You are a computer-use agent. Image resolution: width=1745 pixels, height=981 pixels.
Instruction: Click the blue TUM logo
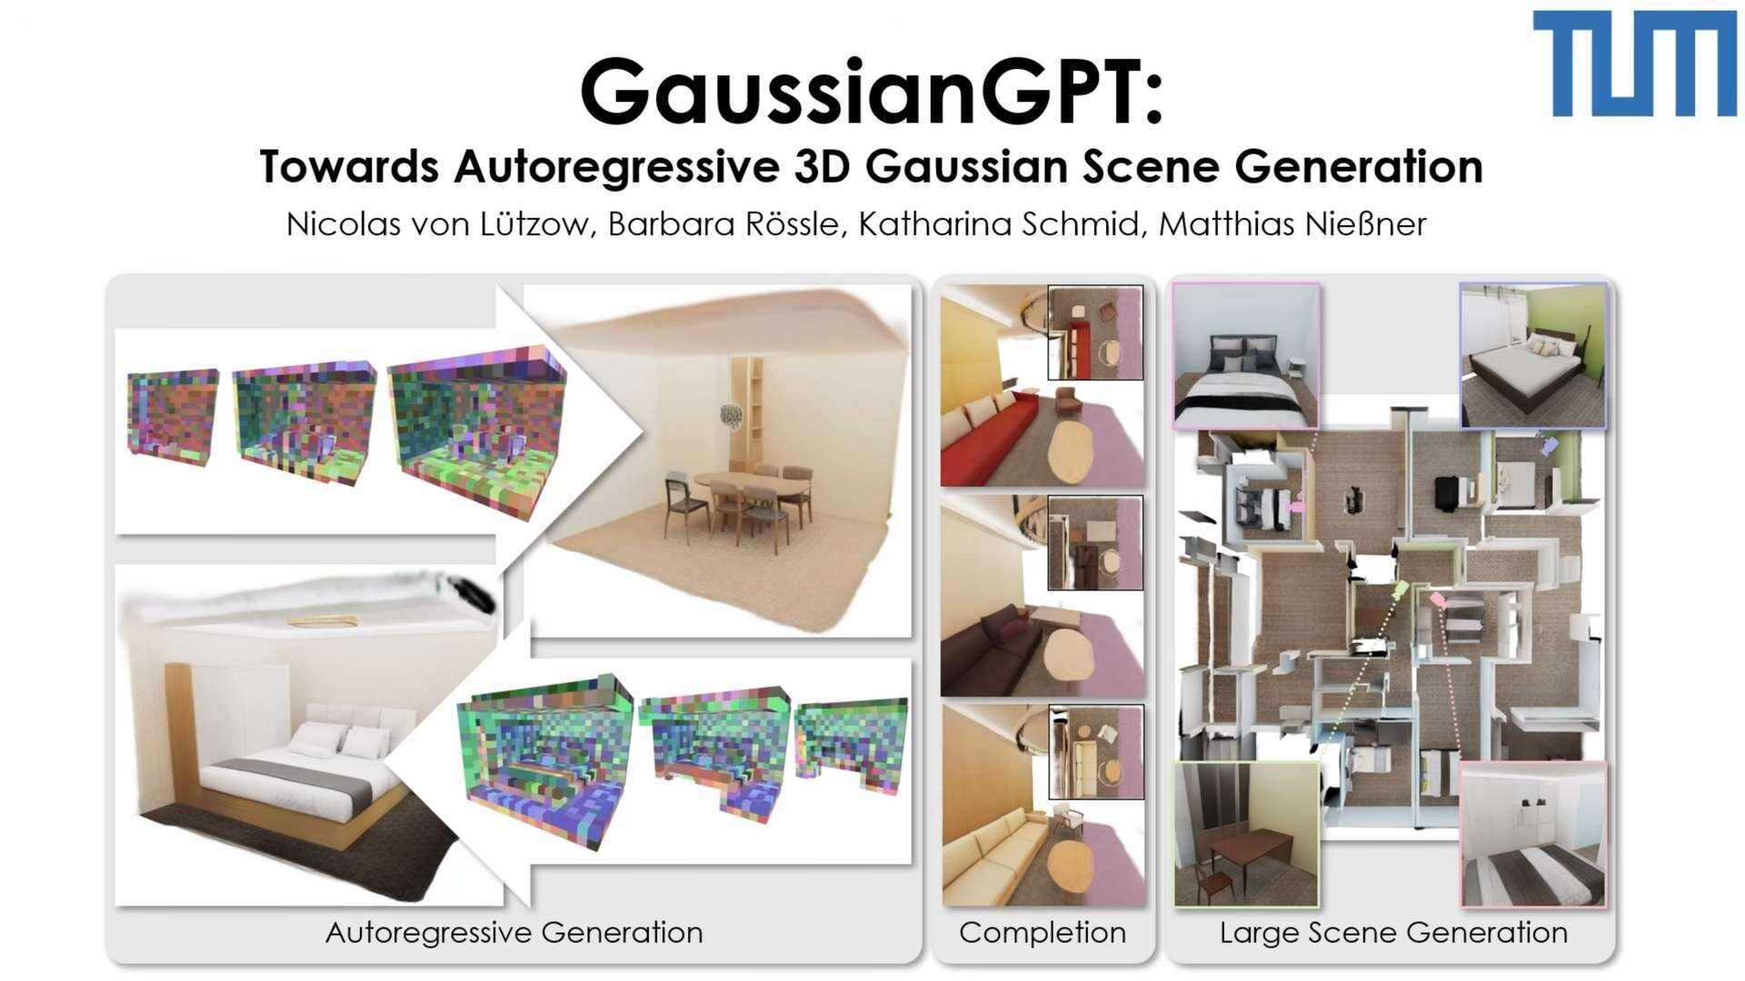click(1634, 64)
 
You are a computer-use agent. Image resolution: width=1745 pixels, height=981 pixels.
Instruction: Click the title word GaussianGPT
click(871, 92)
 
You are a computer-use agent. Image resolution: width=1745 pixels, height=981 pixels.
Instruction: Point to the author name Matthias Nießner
click(1292, 223)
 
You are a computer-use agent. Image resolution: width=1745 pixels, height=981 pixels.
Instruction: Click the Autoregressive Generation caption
click(514, 933)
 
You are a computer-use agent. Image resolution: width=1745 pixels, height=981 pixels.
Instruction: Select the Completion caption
click(1042, 933)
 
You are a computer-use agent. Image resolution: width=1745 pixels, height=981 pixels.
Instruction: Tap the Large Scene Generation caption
click(1393, 933)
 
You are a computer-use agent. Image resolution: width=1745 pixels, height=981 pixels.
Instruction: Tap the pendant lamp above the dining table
click(731, 414)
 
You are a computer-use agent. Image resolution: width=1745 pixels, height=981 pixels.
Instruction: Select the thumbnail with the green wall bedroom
click(1533, 354)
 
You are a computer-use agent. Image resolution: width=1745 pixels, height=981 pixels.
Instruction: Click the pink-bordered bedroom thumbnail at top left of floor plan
click(1246, 354)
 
